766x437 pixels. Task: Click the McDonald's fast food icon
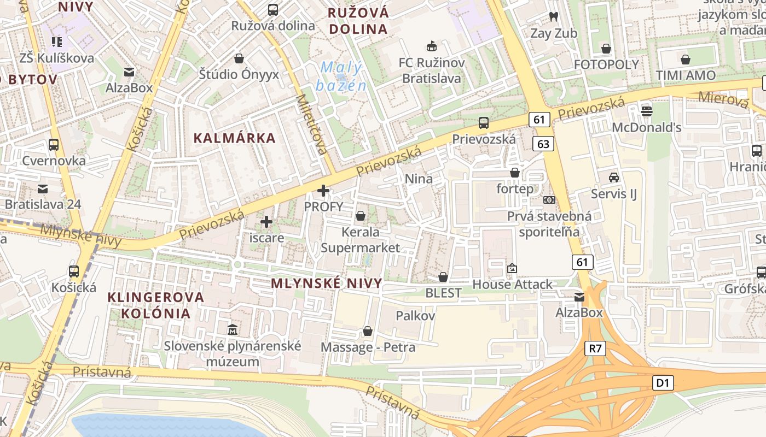click(x=647, y=111)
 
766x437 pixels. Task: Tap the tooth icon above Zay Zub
click(x=553, y=17)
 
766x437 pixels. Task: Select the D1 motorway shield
click(x=663, y=383)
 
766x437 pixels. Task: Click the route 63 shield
click(x=543, y=144)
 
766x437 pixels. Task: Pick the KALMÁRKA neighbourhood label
click(x=235, y=138)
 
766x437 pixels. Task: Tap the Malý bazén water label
click(x=341, y=76)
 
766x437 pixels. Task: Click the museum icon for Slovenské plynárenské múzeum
click(x=233, y=329)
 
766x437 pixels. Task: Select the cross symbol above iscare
click(x=266, y=222)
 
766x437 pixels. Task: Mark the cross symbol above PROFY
click(x=324, y=191)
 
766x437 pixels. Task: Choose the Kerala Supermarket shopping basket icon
click(x=360, y=216)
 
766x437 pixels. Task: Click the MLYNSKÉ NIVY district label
click(x=326, y=283)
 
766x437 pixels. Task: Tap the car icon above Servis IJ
click(x=614, y=178)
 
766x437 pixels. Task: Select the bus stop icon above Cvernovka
click(x=54, y=145)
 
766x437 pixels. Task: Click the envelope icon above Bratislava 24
click(x=43, y=189)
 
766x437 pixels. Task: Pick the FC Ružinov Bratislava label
click(x=432, y=70)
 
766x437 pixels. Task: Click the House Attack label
click(x=513, y=284)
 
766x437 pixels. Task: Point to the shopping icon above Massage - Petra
click(x=368, y=331)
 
